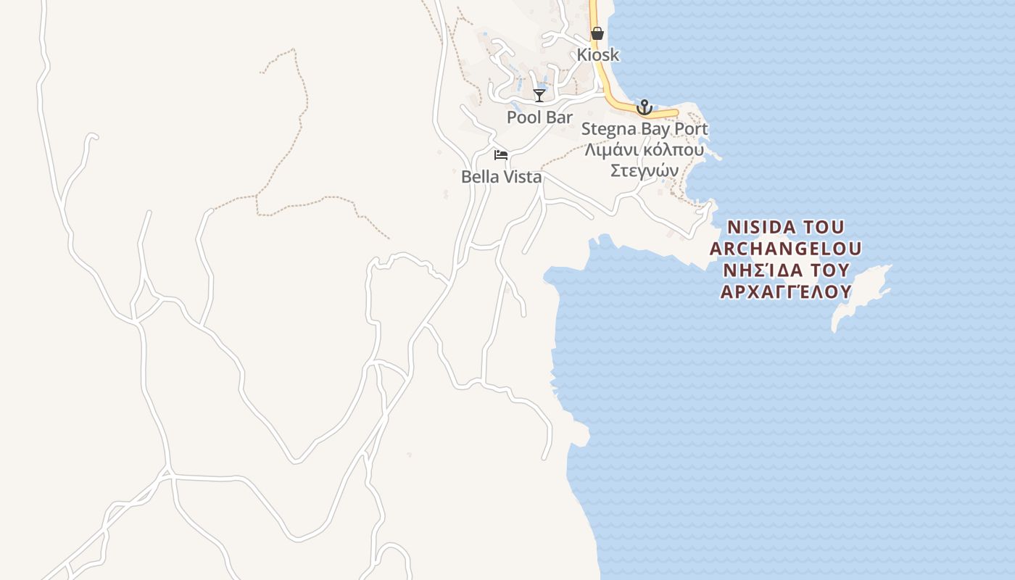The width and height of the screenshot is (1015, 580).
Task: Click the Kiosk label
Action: pyautogui.click(x=598, y=54)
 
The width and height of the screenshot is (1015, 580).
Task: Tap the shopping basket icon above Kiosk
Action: pyautogui.click(x=597, y=33)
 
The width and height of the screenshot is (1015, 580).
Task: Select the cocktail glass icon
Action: pyautogui.click(x=539, y=95)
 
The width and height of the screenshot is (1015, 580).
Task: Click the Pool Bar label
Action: pyautogui.click(x=539, y=117)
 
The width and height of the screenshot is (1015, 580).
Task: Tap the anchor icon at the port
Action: pyautogui.click(x=644, y=107)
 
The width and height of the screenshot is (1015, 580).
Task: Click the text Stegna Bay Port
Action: pyautogui.click(x=645, y=129)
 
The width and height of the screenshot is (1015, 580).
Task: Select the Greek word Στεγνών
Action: pyautogui.click(x=644, y=171)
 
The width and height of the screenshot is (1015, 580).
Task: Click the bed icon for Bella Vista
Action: pyautogui.click(x=501, y=155)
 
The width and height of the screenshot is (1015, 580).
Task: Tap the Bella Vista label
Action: pyautogui.click(x=501, y=176)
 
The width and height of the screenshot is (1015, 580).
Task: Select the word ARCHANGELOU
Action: pyautogui.click(x=786, y=249)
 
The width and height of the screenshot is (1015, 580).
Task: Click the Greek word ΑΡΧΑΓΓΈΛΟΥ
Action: pyautogui.click(x=785, y=292)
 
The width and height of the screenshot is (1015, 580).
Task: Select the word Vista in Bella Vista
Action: pyautogui.click(x=522, y=176)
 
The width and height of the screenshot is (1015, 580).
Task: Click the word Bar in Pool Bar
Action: pyautogui.click(x=559, y=117)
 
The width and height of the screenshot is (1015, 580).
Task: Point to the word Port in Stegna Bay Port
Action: pyautogui.click(x=693, y=129)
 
